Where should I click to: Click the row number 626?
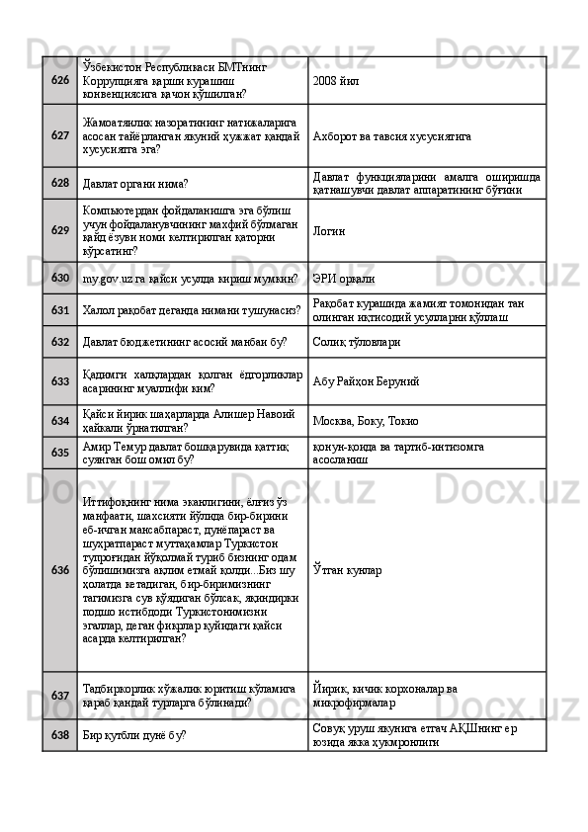pos(59,79)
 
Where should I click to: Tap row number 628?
pos(59,183)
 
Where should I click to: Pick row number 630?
pos(59,279)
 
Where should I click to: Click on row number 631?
pos(59,310)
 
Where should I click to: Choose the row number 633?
pos(59,380)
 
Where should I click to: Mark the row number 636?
pos(59,570)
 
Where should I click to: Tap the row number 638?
pos(59,736)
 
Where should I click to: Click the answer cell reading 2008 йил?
pos(337,80)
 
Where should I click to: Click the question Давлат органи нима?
pos(135,184)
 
